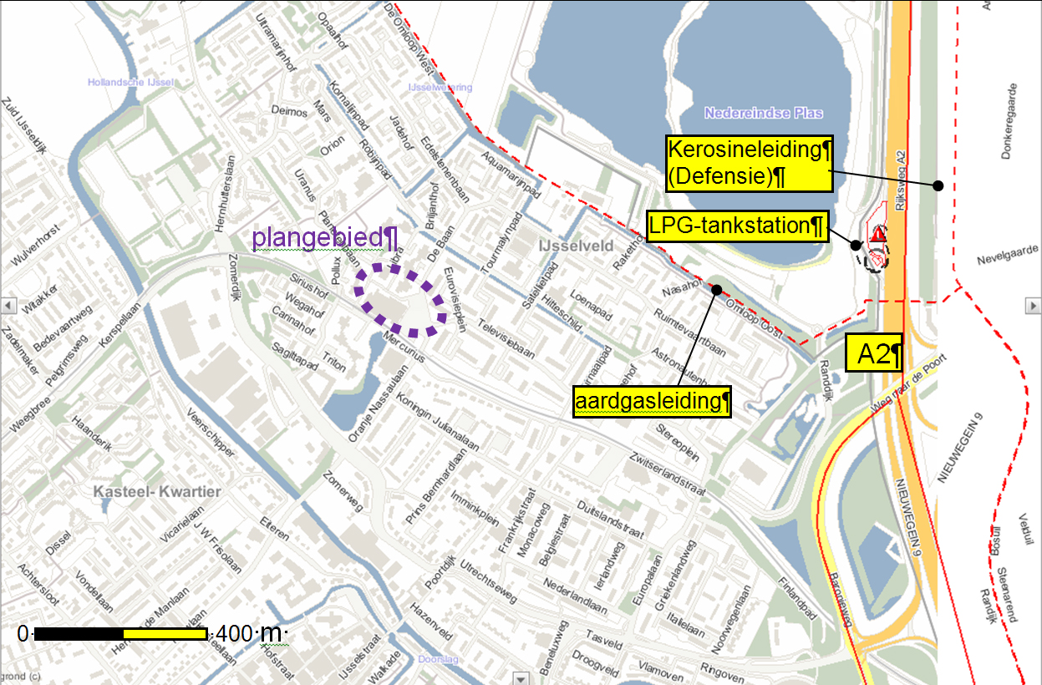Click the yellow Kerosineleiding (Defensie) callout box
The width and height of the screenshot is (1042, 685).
pyautogui.click(x=749, y=164)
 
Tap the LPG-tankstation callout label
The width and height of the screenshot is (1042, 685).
pyautogui.click(x=736, y=226)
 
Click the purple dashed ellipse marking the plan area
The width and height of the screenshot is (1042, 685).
pyautogui.click(x=399, y=301)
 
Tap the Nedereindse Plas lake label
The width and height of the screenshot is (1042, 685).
pyautogui.click(x=763, y=113)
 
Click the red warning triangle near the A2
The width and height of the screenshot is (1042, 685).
pyautogui.click(x=877, y=235)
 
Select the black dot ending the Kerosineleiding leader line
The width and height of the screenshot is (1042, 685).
pyautogui.click(x=938, y=185)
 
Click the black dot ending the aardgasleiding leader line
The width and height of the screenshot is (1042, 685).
pyautogui.click(x=717, y=290)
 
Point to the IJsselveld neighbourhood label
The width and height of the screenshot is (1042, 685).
pyautogui.click(x=577, y=246)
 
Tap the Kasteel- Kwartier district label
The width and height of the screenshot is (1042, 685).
pyautogui.click(x=158, y=491)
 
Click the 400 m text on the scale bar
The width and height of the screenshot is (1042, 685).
pyautogui.click(x=248, y=634)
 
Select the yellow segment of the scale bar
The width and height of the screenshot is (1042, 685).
pyautogui.click(x=165, y=634)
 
